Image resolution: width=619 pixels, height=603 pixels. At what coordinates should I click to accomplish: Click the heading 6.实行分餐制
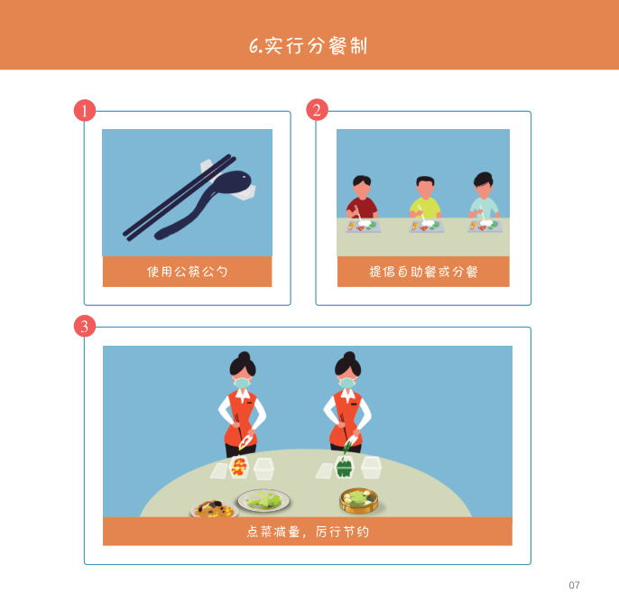click(x=309, y=46)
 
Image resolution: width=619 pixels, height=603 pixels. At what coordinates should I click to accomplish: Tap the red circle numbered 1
click(x=85, y=110)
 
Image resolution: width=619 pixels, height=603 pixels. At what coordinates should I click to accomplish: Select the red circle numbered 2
click(x=317, y=110)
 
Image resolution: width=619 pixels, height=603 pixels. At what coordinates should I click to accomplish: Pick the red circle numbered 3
click(x=85, y=326)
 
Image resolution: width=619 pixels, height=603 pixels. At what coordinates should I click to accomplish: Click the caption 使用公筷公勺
click(x=187, y=272)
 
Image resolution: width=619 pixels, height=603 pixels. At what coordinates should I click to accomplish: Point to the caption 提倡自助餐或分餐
click(x=423, y=272)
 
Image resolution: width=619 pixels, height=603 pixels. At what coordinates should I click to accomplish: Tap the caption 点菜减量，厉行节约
click(x=308, y=532)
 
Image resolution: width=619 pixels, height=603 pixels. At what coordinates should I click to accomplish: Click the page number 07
click(x=574, y=585)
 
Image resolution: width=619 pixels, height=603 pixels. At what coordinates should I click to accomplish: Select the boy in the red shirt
click(x=362, y=198)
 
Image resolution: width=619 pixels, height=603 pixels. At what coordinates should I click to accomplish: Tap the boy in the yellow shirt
click(x=425, y=198)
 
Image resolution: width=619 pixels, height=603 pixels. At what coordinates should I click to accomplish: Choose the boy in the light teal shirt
click(x=484, y=196)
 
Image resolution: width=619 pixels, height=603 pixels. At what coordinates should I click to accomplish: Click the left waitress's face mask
click(x=242, y=382)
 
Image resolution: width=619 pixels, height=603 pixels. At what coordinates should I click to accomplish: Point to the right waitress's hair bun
click(x=349, y=356)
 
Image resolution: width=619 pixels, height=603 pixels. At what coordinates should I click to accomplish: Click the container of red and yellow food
click(x=239, y=467)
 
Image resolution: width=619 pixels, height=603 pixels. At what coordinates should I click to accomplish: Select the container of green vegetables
click(x=345, y=467)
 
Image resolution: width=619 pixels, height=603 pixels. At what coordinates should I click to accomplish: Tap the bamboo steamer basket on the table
click(x=359, y=500)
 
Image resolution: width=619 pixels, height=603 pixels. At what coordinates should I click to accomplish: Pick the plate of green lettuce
click(x=263, y=500)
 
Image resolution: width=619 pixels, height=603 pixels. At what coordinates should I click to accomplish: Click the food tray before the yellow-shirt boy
click(x=426, y=227)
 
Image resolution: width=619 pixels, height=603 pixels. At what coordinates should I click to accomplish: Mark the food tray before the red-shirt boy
click(x=363, y=227)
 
